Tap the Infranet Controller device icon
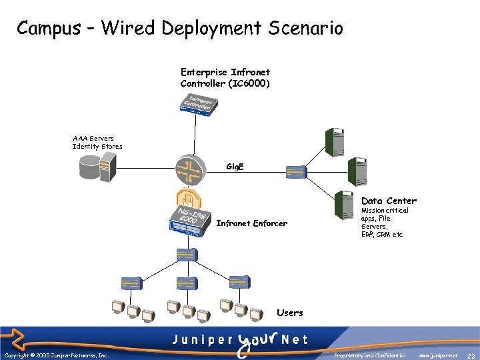[x=198, y=103]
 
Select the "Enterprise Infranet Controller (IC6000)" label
[x=225, y=77]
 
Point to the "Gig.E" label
[x=235, y=166]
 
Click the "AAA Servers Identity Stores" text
[x=97, y=142]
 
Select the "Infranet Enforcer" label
[x=251, y=223]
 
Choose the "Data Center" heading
[x=389, y=201]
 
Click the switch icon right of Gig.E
[x=294, y=173]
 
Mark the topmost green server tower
[x=333, y=142]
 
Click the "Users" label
[x=289, y=313]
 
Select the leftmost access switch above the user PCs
[x=131, y=283]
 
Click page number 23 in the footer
[x=471, y=356]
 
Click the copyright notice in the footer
[x=56, y=355]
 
